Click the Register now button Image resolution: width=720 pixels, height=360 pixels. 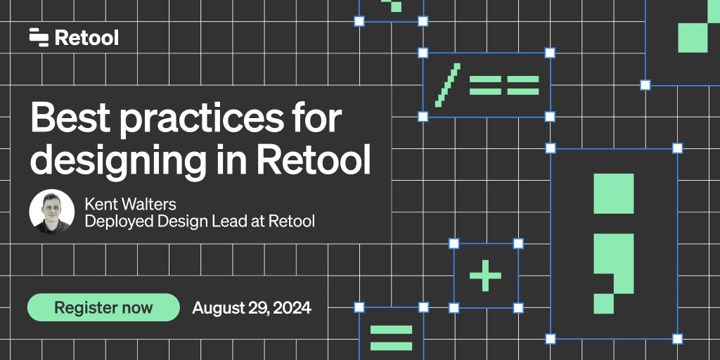(103, 307)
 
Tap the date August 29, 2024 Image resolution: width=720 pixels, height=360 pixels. (252, 307)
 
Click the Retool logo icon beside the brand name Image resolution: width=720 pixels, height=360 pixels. (39, 37)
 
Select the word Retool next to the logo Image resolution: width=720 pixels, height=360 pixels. (86, 37)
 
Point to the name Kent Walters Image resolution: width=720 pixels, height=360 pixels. (130, 204)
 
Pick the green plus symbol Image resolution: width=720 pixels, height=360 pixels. (486, 275)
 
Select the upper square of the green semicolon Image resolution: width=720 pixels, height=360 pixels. (613, 193)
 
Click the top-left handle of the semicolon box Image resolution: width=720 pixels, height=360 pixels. (551, 148)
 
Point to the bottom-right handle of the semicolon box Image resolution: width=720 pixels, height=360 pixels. (677, 338)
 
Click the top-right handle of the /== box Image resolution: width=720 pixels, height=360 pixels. (550, 53)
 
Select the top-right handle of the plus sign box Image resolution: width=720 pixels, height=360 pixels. (518, 243)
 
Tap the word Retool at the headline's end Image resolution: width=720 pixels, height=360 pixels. (314, 160)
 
